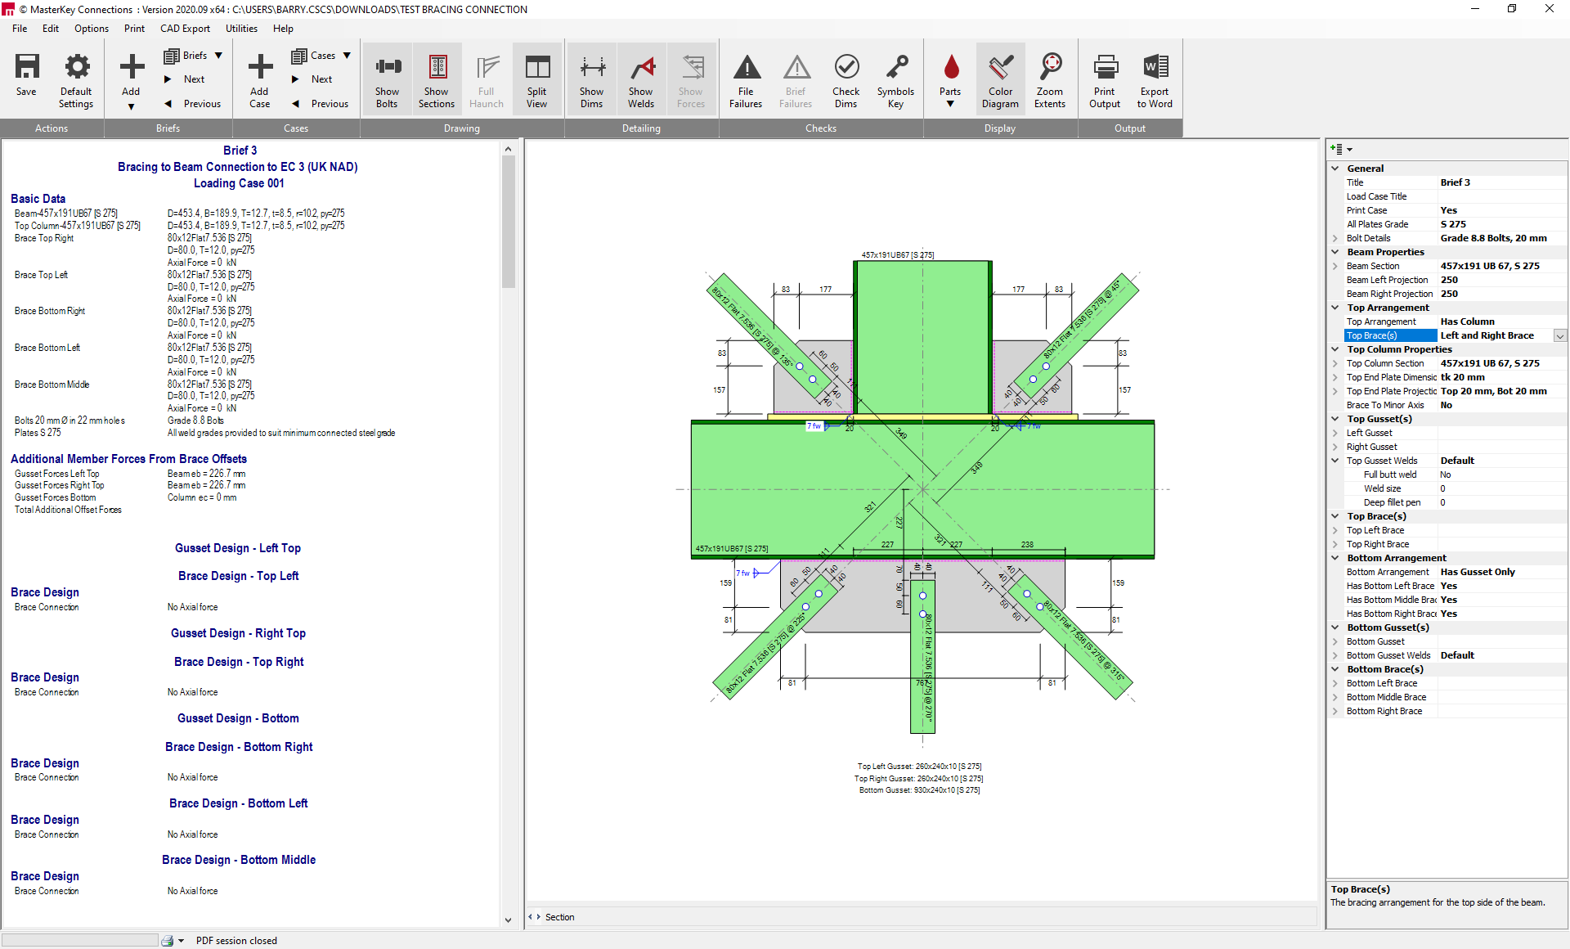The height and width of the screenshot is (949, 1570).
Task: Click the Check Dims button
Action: (x=846, y=80)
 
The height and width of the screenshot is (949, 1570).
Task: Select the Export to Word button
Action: (x=1154, y=80)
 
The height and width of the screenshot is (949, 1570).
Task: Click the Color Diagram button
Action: (x=1000, y=80)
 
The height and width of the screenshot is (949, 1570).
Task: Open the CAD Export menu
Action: (x=185, y=29)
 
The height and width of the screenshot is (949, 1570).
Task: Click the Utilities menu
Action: (x=241, y=29)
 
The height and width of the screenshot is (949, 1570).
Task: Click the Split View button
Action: (x=536, y=80)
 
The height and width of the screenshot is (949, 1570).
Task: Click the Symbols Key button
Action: (x=895, y=80)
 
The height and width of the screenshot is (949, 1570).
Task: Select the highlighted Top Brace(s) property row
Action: (x=1390, y=335)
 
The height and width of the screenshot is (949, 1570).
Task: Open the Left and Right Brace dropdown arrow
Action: (x=1560, y=336)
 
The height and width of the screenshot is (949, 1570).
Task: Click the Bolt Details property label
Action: (x=1368, y=238)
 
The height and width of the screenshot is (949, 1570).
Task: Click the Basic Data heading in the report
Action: (x=38, y=199)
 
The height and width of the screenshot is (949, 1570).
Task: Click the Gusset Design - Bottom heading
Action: (x=238, y=718)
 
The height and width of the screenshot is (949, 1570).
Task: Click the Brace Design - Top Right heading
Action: (x=238, y=662)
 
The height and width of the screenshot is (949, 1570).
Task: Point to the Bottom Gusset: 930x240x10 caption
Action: (x=919, y=790)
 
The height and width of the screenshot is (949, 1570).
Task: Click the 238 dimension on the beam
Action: (x=1027, y=544)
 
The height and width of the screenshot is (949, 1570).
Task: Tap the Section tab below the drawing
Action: (x=559, y=917)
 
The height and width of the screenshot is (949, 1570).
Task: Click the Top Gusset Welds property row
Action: (x=1382, y=461)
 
